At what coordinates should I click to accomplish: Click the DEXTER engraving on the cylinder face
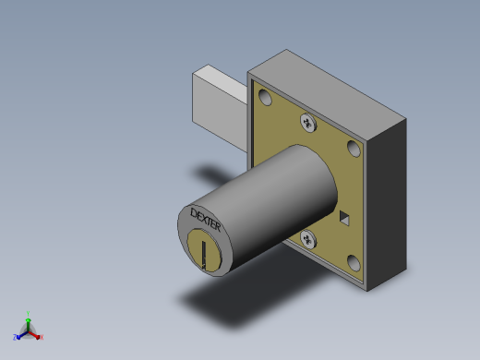click(206, 221)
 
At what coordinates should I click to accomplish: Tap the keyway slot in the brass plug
click(204, 255)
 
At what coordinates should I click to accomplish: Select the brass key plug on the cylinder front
click(204, 250)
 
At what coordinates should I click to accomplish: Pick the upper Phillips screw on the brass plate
click(308, 123)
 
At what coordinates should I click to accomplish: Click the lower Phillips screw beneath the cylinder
click(308, 239)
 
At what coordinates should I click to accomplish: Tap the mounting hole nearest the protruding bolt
click(265, 97)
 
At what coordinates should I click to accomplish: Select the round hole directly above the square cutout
click(354, 149)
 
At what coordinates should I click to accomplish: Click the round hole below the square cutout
click(354, 263)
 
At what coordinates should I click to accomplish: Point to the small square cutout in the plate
click(344, 218)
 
